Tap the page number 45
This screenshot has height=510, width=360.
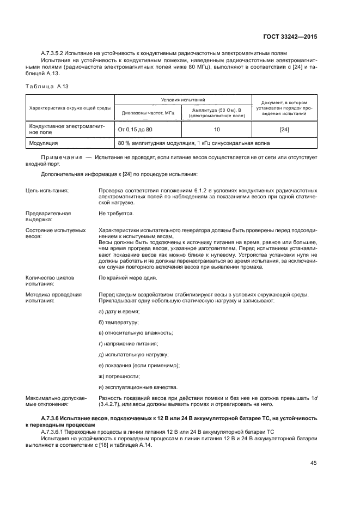pos(313,463)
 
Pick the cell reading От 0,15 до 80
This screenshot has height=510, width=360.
pos(135,130)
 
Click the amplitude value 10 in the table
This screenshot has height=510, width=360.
pos(217,130)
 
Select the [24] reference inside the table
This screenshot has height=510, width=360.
pos(284,130)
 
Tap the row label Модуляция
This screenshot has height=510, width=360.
pos(44,143)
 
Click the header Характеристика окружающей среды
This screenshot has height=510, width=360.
pos(70,107)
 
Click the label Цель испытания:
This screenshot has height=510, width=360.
pos(47,190)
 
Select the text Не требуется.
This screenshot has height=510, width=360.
pos(116,214)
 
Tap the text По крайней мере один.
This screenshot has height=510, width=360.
pos(126,278)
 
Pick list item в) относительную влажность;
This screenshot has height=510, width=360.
pos(136,332)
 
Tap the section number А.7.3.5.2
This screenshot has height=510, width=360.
pos(56,53)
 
